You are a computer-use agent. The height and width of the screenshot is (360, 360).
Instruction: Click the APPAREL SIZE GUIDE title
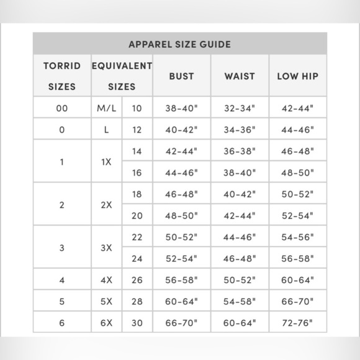(x=179, y=44)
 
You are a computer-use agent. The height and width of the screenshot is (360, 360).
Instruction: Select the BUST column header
(x=181, y=76)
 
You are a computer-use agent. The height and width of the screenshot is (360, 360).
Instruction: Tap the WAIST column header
(x=240, y=76)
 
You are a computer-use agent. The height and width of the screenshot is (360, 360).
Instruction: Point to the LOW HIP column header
(x=297, y=76)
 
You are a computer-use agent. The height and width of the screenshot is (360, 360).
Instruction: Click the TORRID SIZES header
(x=61, y=76)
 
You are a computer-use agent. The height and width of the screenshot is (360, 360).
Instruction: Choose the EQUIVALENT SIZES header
(x=122, y=76)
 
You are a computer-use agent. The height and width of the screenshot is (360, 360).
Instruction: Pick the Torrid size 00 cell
(x=61, y=108)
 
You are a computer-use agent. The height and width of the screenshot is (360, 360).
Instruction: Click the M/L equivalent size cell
(x=106, y=108)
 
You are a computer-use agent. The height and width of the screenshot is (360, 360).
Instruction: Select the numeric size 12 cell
(x=137, y=130)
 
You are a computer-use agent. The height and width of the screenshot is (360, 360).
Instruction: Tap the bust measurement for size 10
(x=181, y=108)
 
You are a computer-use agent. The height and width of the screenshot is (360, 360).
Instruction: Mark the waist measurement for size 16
(x=240, y=173)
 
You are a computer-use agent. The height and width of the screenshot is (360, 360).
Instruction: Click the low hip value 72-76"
(x=297, y=323)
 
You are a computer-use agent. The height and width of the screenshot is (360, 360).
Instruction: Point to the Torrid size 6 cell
(x=61, y=323)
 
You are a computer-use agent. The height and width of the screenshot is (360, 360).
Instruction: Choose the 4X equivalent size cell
(x=106, y=280)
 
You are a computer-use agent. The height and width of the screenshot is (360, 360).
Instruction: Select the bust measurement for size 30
(x=181, y=323)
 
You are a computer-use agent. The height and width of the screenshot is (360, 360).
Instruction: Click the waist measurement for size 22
(x=240, y=237)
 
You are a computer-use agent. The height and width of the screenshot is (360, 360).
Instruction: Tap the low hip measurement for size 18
(x=297, y=194)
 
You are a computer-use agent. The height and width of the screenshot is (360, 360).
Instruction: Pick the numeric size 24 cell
(x=137, y=258)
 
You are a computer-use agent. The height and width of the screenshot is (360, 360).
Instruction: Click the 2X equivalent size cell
(x=106, y=205)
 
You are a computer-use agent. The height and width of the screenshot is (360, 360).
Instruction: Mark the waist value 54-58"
(x=240, y=302)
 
